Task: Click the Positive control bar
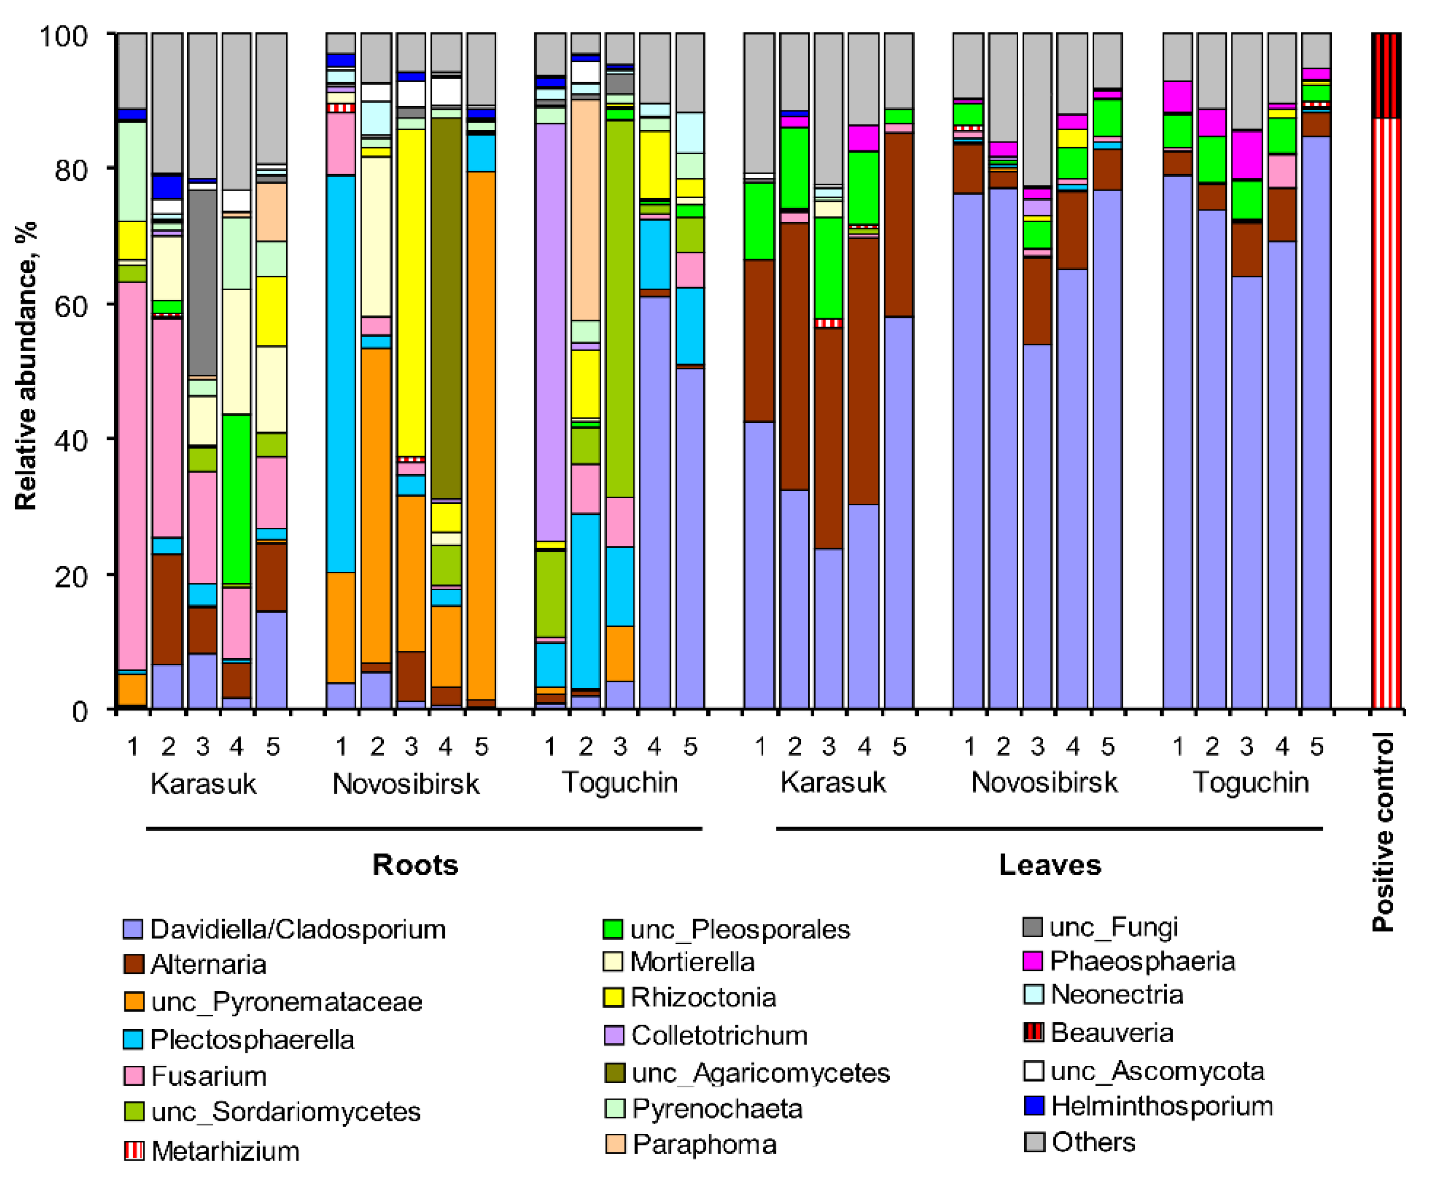[x=1385, y=408]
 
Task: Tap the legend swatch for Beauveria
[x=1033, y=1032]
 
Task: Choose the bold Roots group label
[x=415, y=865]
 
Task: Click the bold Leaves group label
[x=1049, y=865]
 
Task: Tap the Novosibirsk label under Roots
[x=406, y=784]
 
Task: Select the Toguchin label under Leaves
[x=1250, y=782]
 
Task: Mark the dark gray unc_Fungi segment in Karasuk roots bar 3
[x=202, y=282]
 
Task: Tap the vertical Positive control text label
[x=1384, y=831]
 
